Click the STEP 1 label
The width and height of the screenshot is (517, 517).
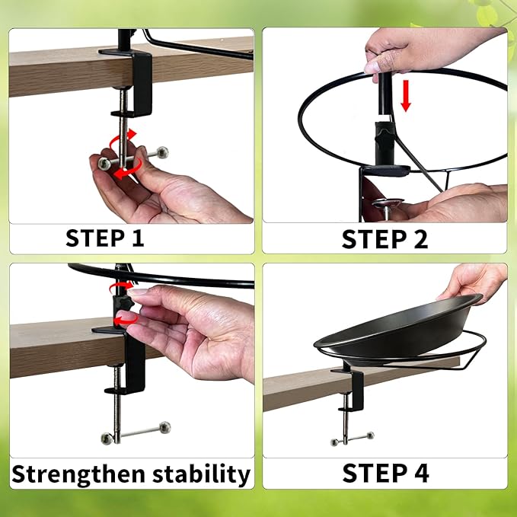pyautogui.click(x=104, y=238)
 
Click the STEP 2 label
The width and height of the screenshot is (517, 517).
pyautogui.click(x=385, y=238)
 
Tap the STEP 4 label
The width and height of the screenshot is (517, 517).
pyautogui.click(x=385, y=473)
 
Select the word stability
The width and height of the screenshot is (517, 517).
pyautogui.click(x=206, y=474)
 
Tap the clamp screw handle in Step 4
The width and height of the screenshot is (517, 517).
pyautogui.click(x=352, y=438)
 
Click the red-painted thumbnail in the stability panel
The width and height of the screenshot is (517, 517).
pyautogui.click(x=127, y=316)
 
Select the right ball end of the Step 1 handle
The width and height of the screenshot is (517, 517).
pyautogui.click(x=161, y=152)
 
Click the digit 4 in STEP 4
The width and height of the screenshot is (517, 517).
pyautogui.click(x=419, y=473)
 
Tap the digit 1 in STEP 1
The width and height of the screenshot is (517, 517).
pyautogui.click(x=136, y=238)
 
